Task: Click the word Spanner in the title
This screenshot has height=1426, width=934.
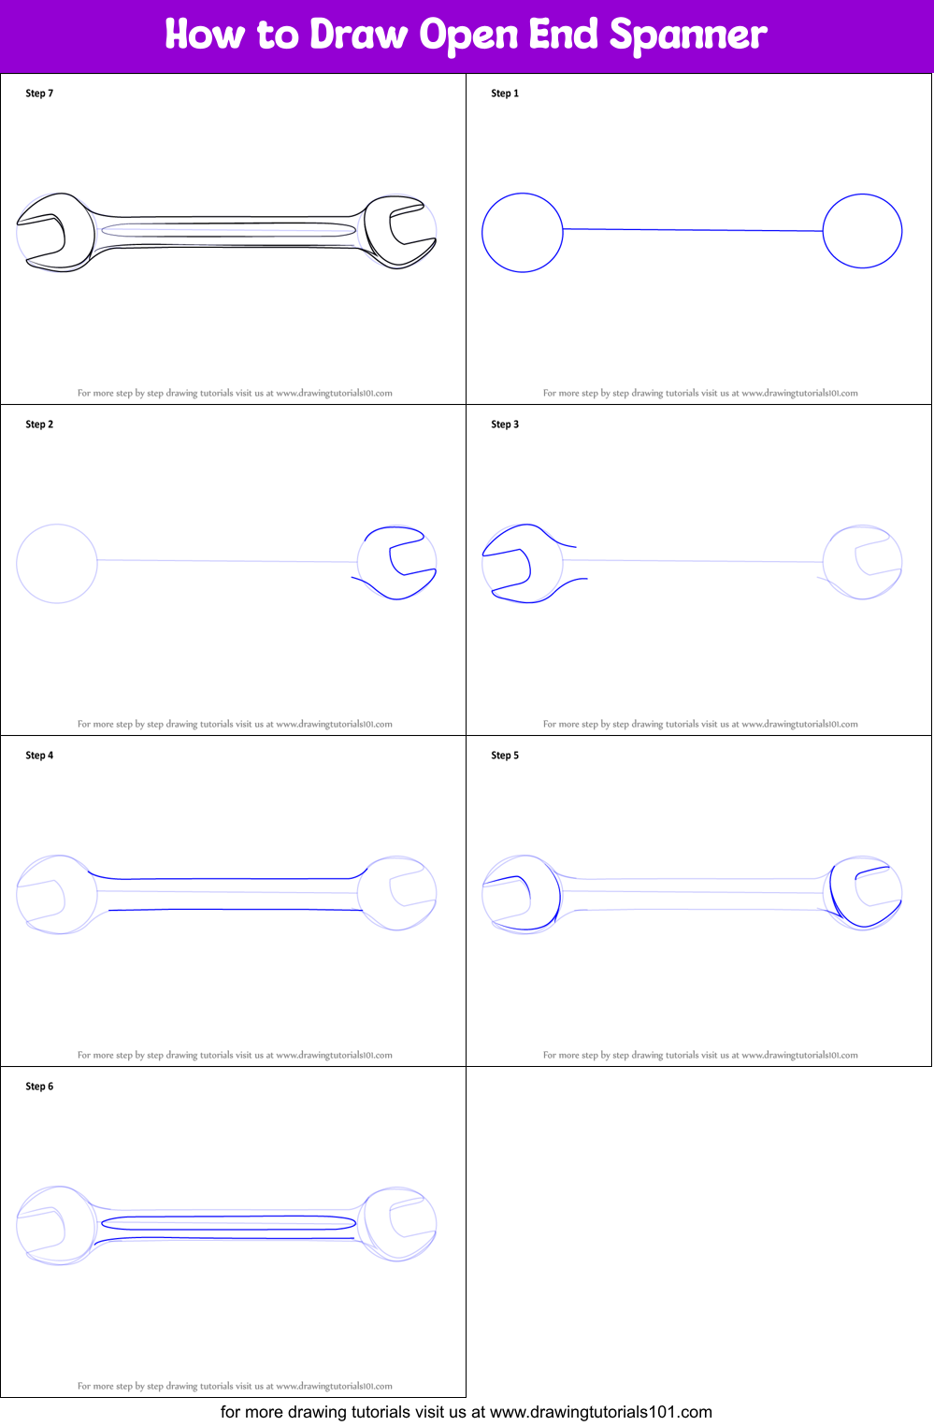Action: click(x=688, y=35)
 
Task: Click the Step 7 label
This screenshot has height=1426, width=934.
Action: click(x=39, y=94)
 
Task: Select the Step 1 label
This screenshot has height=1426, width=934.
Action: click(x=505, y=94)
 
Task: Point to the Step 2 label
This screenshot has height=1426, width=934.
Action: click(x=39, y=425)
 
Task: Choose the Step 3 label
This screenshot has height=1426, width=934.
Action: click(x=505, y=425)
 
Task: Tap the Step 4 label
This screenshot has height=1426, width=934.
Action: click(x=39, y=756)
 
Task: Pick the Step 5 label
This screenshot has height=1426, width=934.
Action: click(x=505, y=756)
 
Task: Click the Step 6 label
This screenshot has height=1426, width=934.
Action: click(x=39, y=1087)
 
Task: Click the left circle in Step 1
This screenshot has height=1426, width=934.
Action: click(x=482, y=233)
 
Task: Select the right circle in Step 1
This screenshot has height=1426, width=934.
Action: click(x=824, y=231)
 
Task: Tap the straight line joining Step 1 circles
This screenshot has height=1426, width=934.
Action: click(x=693, y=230)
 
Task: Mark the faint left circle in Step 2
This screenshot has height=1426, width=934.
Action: click(x=17, y=564)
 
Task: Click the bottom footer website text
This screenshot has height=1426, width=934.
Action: click(x=467, y=1412)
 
